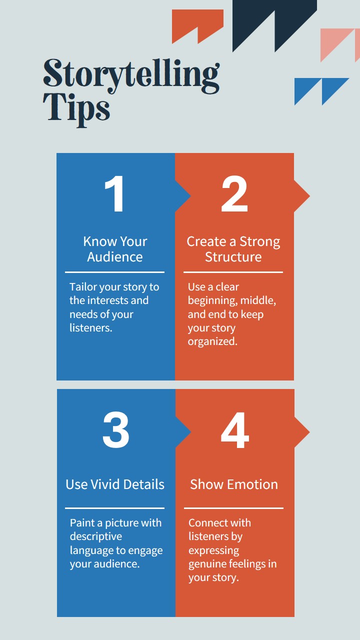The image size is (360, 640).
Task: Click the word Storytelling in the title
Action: pyautogui.click(x=131, y=75)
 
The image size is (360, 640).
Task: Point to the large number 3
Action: pyautogui.click(x=115, y=429)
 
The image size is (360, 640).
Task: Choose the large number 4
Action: pyautogui.click(x=235, y=430)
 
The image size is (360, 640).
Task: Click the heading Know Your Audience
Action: pyautogui.click(x=115, y=249)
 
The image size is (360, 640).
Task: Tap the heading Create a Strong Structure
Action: pyautogui.click(x=233, y=249)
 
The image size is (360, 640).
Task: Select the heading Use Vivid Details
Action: pyautogui.click(x=115, y=484)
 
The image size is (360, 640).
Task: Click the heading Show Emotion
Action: pyautogui.click(x=234, y=484)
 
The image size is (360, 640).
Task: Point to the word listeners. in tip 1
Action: pyautogui.click(x=91, y=327)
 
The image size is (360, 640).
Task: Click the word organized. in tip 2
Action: pyautogui.click(x=212, y=341)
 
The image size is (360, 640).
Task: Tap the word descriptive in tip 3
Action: pyautogui.click(x=96, y=536)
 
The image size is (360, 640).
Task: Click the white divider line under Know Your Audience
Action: pyautogui.click(x=114, y=272)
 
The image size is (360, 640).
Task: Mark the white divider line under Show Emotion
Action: pyautogui.click(x=233, y=508)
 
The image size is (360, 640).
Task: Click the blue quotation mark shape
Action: pyautogui.click(x=321, y=91)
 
